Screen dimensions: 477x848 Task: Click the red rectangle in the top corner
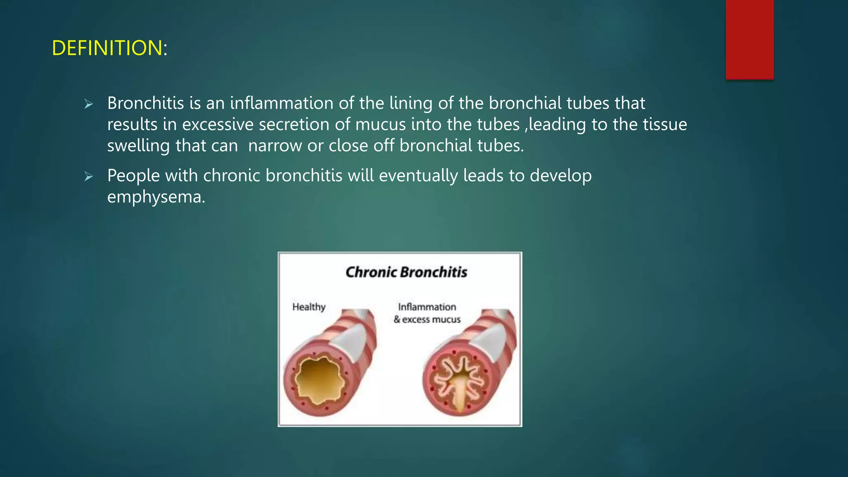749,39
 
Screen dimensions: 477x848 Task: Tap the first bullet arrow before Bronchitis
89,104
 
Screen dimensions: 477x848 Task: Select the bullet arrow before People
89,176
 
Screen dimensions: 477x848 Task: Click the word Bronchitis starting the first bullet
145,103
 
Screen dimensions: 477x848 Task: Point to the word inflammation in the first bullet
282,103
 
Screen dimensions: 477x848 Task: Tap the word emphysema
156,197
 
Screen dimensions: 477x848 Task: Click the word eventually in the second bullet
418,176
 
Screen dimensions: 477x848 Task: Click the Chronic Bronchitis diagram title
406,272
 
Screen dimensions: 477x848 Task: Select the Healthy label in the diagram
309,307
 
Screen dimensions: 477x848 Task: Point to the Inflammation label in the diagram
427,307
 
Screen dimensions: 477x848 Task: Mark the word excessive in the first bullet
218,124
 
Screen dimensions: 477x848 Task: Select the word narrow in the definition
275,146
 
